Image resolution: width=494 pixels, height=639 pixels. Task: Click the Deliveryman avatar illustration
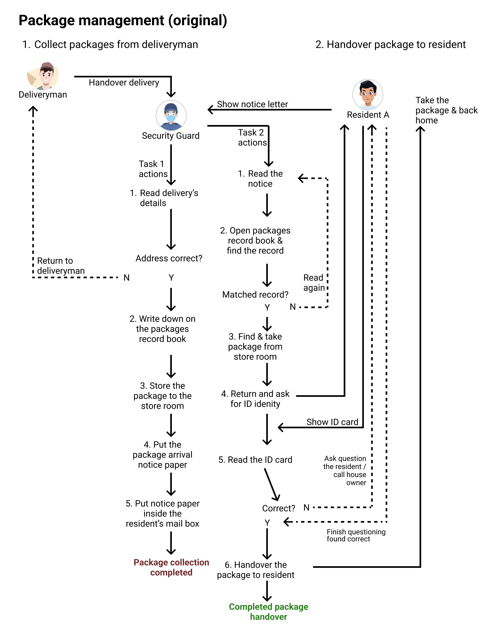[43, 76]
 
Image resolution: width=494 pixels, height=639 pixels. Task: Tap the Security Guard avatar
[171, 115]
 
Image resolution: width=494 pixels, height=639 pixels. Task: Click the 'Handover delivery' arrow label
[124, 83]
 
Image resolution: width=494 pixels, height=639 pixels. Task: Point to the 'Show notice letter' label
[252, 104]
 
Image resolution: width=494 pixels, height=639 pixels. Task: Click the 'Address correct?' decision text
[169, 258]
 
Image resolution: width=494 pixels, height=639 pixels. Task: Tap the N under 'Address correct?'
[126, 278]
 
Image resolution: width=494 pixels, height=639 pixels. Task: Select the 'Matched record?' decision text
[255, 295]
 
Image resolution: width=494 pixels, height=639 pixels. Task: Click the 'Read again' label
[314, 283]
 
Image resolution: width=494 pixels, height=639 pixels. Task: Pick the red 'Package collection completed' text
[171, 567]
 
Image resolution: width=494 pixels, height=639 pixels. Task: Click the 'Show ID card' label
[332, 422]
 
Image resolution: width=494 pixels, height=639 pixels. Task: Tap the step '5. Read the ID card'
[255, 460]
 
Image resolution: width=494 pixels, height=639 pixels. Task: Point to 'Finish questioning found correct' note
[356, 535]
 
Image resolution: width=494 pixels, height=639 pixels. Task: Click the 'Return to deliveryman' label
[61, 266]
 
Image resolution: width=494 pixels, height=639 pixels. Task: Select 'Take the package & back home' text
[446, 110]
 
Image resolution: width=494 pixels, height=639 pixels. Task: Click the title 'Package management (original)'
[123, 20]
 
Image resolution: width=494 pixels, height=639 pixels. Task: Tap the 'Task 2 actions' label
[252, 138]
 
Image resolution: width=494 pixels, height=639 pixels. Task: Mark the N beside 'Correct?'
[307, 508]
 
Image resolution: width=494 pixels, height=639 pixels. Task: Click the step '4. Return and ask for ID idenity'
[255, 399]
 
